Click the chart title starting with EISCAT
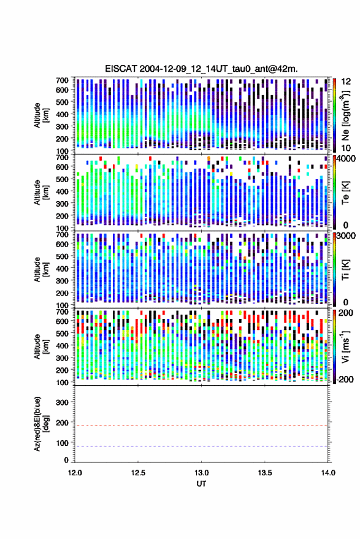[x=201, y=69]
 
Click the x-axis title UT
[x=201, y=484]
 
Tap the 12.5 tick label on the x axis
[x=138, y=473]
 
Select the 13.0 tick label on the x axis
[x=201, y=473]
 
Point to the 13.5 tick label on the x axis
[x=264, y=473]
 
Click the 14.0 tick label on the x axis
[x=328, y=473]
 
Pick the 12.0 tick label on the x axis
[x=75, y=473]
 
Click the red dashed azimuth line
[x=201, y=426]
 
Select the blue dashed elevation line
[x=201, y=446]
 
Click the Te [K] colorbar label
[x=345, y=193]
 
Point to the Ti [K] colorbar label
[x=345, y=270]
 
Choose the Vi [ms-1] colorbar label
[x=345, y=346]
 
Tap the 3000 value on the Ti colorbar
[x=347, y=235]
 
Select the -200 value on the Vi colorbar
[x=344, y=379]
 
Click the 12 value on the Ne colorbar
[x=346, y=82]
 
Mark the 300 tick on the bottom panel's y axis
[x=62, y=402]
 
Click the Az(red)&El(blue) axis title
[x=41, y=424]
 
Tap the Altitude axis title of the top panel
[x=41, y=115]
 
